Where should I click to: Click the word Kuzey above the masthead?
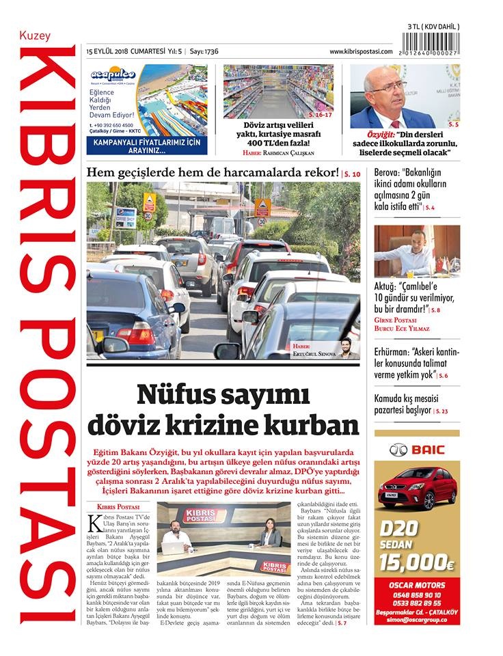coord(35,36)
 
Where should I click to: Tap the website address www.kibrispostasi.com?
coord(361,51)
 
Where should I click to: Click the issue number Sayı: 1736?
coord(204,51)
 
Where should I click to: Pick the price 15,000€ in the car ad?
coord(417,563)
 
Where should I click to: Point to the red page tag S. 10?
coord(351,174)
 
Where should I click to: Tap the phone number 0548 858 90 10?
coord(417,586)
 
